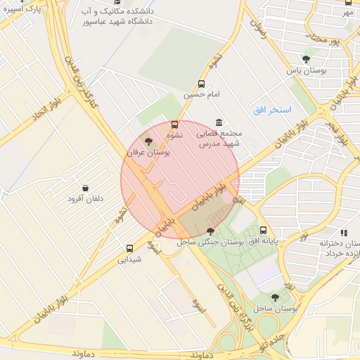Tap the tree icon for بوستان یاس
(x=305, y=60)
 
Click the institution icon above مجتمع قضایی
(x=219, y=122)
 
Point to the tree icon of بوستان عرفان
(x=147, y=141)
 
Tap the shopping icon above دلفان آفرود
(x=85, y=188)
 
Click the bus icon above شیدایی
(x=129, y=247)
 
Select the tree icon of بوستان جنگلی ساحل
(x=210, y=231)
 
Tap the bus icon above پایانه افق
(x=263, y=230)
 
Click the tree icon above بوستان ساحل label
(x=275, y=297)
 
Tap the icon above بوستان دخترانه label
(x=344, y=233)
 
